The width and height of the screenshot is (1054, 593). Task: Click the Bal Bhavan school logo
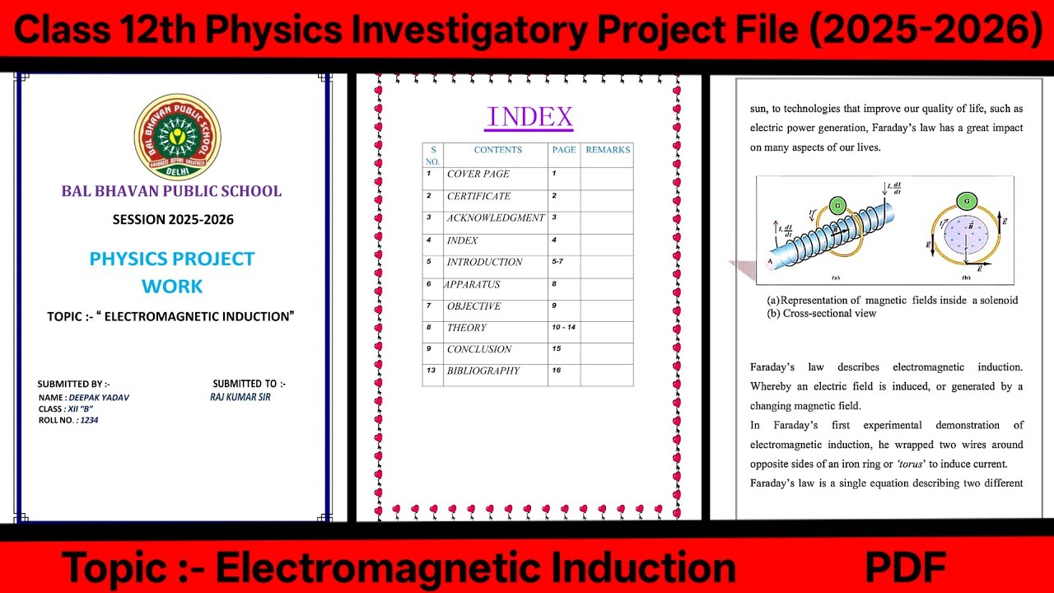pyautogui.click(x=177, y=137)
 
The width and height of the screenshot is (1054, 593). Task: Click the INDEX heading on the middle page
pyautogui.click(x=529, y=117)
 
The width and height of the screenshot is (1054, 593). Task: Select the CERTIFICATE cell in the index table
pyautogui.click(x=478, y=196)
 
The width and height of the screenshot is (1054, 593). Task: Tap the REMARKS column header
pyautogui.click(x=608, y=150)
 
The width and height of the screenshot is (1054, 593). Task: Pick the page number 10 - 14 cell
pyautogui.click(x=563, y=328)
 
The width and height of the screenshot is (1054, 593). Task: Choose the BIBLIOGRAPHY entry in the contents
pyautogui.click(x=483, y=371)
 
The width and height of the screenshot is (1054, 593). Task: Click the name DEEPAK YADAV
pyautogui.click(x=99, y=398)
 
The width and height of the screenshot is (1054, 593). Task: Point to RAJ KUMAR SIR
pyautogui.click(x=240, y=397)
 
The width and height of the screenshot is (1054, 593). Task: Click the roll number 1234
pyautogui.click(x=89, y=420)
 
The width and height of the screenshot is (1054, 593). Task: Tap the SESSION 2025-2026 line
pyautogui.click(x=173, y=220)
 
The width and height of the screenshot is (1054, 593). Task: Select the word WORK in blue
pyautogui.click(x=172, y=287)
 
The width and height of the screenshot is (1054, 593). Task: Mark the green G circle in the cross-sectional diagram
pyautogui.click(x=965, y=201)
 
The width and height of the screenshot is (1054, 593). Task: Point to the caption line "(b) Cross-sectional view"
pyautogui.click(x=821, y=313)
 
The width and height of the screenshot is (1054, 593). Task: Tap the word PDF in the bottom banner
pyautogui.click(x=905, y=567)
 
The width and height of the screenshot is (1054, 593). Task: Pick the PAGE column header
pyautogui.click(x=564, y=150)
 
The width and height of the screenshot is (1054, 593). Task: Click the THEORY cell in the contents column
pyautogui.click(x=467, y=328)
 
